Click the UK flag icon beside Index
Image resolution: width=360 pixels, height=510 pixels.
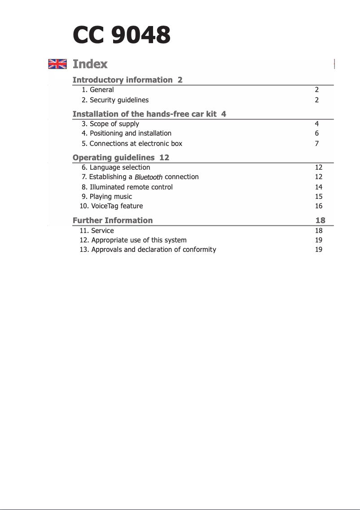click(x=57, y=64)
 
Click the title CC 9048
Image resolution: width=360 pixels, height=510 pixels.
click(x=122, y=35)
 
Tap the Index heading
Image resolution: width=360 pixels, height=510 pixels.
click(x=90, y=64)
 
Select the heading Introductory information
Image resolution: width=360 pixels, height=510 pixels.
click(x=122, y=80)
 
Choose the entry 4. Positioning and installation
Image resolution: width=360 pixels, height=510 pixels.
click(x=126, y=133)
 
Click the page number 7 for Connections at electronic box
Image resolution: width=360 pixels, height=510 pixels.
click(x=317, y=144)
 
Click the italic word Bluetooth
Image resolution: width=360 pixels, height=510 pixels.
click(x=149, y=177)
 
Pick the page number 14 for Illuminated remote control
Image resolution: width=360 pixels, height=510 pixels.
click(x=319, y=187)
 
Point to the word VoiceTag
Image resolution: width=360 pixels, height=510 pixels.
click(x=105, y=206)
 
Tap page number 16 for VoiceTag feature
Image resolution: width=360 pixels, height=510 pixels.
click(x=319, y=206)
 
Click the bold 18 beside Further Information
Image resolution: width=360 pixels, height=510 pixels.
click(x=320, y=220)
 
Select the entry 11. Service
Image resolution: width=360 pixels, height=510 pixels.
click(x=97, y=231)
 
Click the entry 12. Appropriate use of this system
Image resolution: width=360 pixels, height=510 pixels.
click(x=133, y=240)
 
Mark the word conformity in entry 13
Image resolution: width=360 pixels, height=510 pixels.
click(x=199, y=250)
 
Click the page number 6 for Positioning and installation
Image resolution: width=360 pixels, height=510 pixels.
click(x=317, y=133)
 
